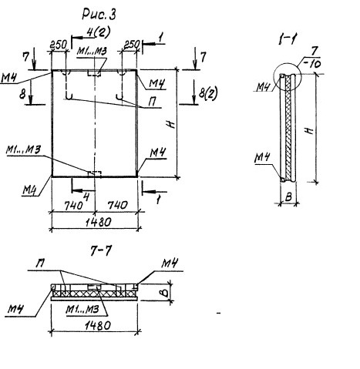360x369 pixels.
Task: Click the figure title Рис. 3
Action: pos(99,15)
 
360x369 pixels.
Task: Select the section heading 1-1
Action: pos(288,40)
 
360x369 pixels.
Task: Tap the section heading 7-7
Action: pos(101,251)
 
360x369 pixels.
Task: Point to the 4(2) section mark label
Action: pos(99,32)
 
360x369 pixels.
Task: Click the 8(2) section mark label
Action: pos(208,93)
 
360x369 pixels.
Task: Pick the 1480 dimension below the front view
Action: pos(99,222)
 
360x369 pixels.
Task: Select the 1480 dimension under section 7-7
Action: pos(98,326)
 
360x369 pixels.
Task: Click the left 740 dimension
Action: pos(74,206)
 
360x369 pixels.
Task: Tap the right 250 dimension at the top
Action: pos(132,45)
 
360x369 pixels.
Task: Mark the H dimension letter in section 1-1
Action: pos(310,131)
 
